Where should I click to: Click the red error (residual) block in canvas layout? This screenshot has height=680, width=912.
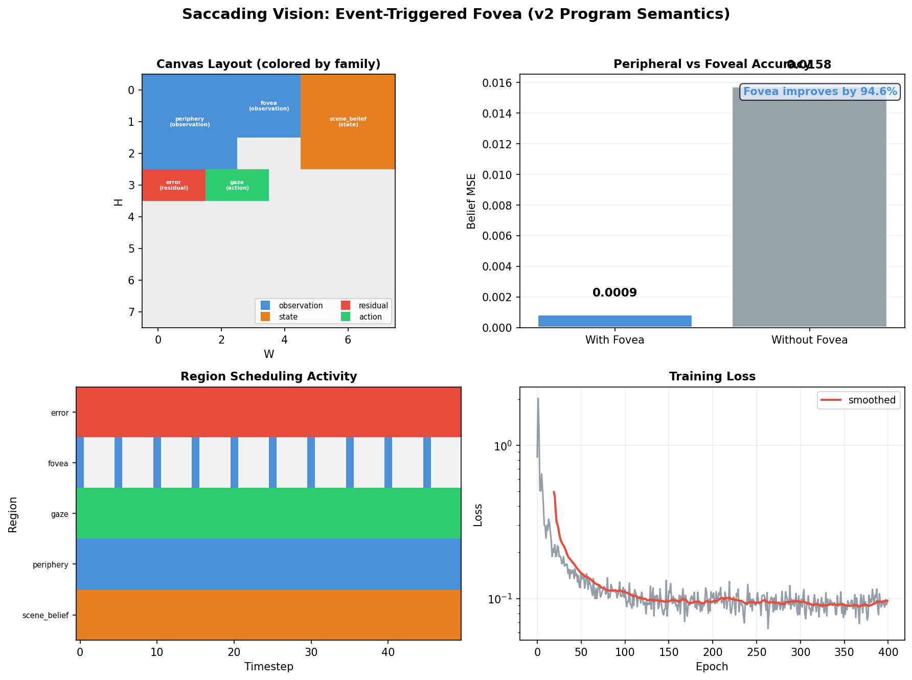(x=173, y=185)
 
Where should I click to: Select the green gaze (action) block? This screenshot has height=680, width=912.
(x=237, y=185)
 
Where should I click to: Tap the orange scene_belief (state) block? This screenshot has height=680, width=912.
(x=348, y=122)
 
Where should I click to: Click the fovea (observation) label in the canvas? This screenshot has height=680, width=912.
(x=269, y=106)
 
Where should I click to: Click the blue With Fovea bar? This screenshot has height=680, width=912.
(x=614, y=321)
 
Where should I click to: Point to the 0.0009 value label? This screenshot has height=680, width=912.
(x=614, y=293)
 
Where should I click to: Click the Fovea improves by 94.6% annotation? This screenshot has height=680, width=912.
(x=819, y=92)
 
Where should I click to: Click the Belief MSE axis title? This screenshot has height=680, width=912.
(x=471, y=201)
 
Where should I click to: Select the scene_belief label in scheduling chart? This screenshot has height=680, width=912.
(x=45, y=616)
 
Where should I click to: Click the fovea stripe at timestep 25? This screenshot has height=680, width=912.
(x=272, y=463)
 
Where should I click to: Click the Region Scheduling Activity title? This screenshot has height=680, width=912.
(x=268, y=377)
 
